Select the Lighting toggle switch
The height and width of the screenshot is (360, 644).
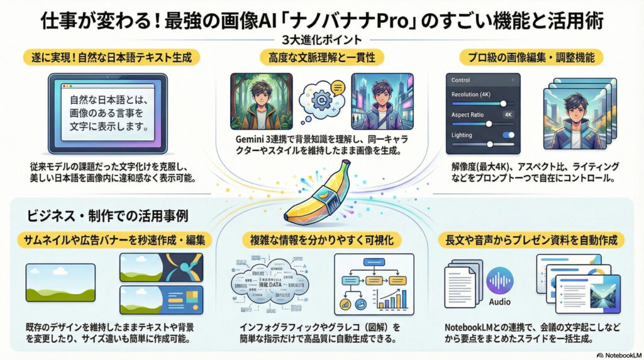508,135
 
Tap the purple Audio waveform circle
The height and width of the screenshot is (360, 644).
500,281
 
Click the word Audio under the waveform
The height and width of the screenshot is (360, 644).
500,302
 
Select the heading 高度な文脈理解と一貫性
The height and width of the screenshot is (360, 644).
321,58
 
